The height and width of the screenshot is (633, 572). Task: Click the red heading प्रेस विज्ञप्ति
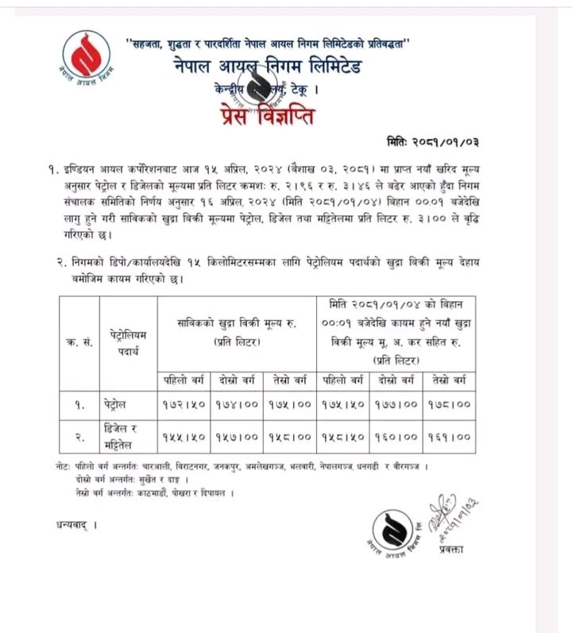point(275,118)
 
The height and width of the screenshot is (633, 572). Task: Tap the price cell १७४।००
point(238,403)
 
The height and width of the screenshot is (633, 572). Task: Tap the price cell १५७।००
point(238,436)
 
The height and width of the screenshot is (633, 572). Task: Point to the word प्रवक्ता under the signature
point(451,549)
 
